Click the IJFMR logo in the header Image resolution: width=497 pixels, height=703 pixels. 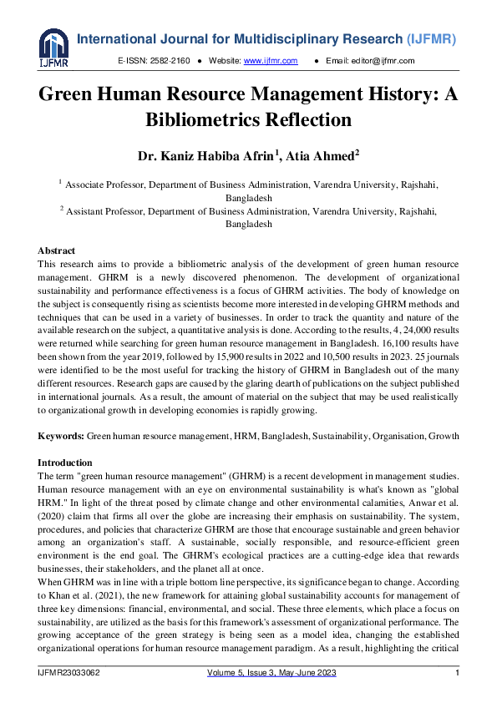pos(53,48)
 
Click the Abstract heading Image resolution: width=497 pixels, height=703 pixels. pos(56,250)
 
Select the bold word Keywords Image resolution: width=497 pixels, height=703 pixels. pos(61,437)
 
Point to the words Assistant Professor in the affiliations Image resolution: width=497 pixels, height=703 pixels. pos(102,212)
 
